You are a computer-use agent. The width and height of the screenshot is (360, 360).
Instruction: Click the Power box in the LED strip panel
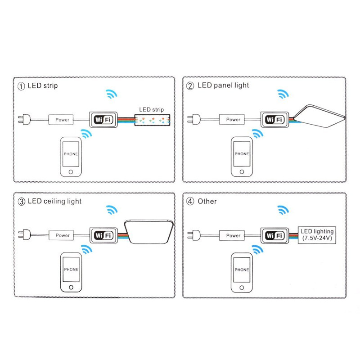[62, 120]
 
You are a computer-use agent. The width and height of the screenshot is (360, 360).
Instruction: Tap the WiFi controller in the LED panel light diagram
[273, 120]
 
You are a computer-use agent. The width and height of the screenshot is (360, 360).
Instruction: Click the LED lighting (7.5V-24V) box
[317, 235]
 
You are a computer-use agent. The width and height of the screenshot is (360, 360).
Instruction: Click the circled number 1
[21, 85]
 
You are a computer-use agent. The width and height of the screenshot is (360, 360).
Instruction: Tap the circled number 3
[21, 201]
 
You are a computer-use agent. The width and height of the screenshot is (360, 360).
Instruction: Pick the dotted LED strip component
[152, 120]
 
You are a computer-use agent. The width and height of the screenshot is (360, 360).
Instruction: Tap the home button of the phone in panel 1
[70, 172]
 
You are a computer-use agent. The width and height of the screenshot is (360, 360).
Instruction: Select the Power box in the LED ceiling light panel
[63, 235]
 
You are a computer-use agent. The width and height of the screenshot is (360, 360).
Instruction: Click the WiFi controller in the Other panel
[273, 235]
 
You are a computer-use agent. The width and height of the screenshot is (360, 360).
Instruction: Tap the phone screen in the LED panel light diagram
[241, 153]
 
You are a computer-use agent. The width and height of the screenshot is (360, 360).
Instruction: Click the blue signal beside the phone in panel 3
[85, 250]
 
